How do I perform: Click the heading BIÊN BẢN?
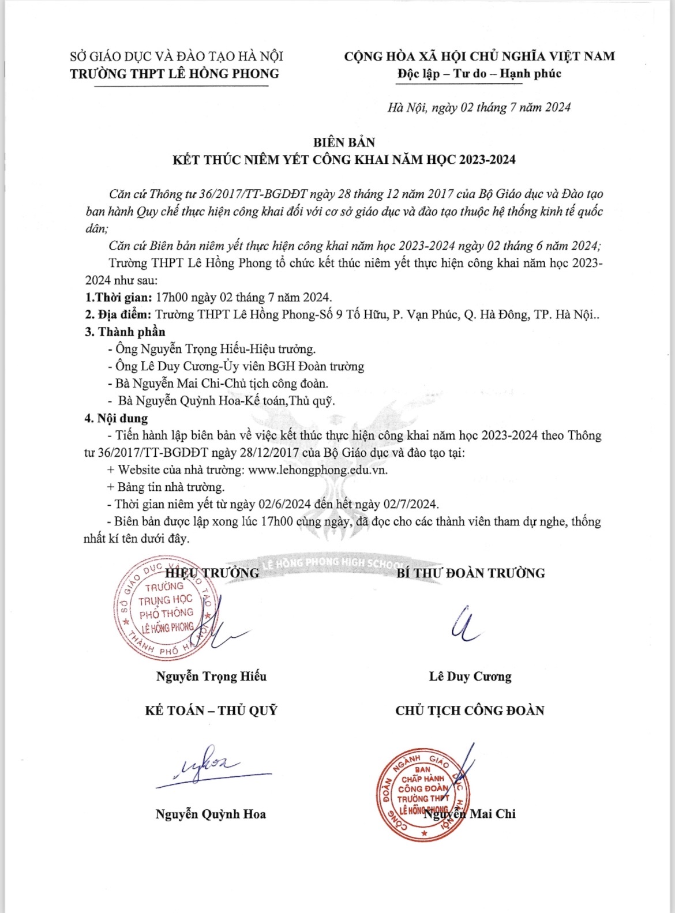[x=344, y=142]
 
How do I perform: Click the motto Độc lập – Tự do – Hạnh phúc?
[x=479, y=74]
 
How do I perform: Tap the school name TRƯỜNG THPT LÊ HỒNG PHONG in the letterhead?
[x=174, y=74]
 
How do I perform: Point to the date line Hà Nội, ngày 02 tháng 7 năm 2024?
[x=479, y=108]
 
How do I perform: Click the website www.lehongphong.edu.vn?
[x=317, y=469]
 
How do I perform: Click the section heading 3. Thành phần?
[x=125, y=332]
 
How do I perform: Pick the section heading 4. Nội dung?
[x=116, y=418]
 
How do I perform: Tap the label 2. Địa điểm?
[x=118, y=315]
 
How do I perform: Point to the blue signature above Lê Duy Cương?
[x=463, y=625]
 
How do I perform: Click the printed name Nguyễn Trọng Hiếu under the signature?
[x=211, y=676]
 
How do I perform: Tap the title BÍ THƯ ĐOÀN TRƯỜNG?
[x=470, y=573]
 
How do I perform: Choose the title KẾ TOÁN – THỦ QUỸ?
[x=211, y=711]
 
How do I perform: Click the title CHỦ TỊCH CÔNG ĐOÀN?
[x=470, y=711]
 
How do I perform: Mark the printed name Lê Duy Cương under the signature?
[x=470, y=676]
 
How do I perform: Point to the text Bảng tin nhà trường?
[x=171, y=487]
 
